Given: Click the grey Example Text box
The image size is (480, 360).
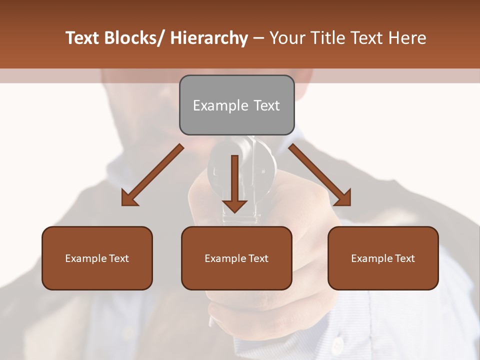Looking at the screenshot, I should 236,105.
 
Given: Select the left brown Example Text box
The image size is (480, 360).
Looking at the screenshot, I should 97,258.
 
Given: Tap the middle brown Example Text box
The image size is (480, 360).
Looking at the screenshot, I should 236,258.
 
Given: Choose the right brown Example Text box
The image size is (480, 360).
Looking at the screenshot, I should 383,258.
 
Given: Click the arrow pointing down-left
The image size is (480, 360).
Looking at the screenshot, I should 152,175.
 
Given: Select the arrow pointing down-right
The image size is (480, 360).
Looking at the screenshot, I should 320,175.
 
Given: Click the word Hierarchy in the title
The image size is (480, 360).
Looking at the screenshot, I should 209,38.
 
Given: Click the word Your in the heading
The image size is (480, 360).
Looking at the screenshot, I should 286,38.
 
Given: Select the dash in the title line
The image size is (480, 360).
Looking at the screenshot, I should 258,38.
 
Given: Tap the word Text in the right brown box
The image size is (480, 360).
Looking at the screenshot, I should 404,258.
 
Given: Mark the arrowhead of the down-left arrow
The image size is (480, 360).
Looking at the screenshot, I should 129,198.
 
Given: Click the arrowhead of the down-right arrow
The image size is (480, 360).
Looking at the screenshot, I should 343,198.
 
